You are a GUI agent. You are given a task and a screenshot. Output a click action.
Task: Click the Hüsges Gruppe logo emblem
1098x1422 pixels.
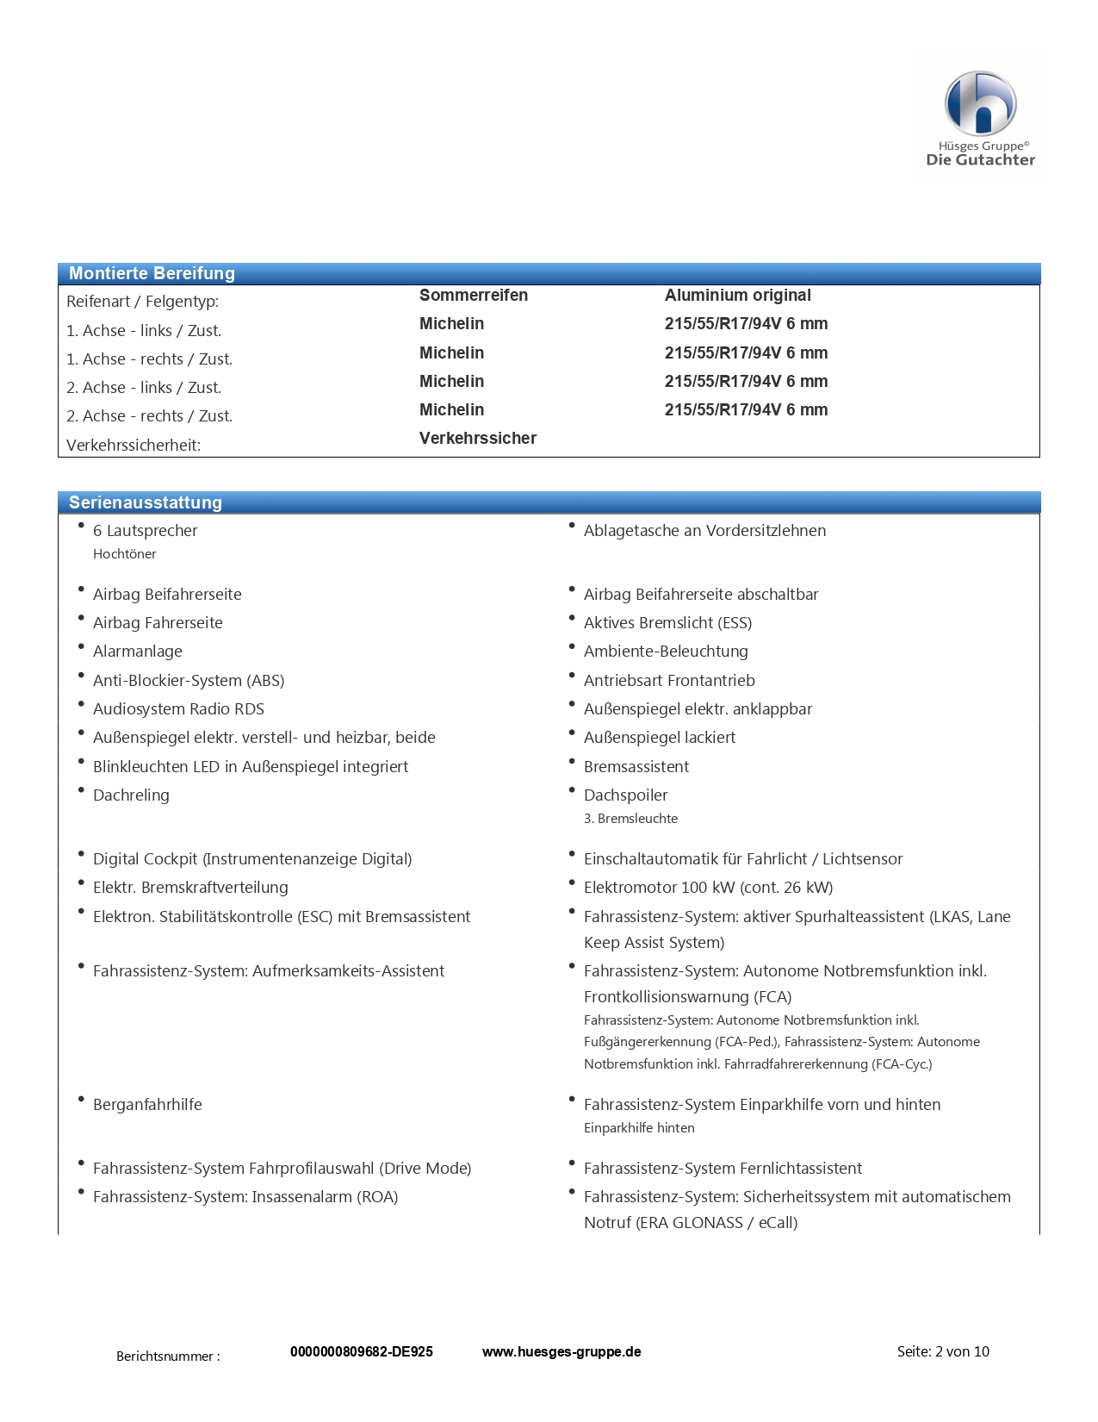[980, 103]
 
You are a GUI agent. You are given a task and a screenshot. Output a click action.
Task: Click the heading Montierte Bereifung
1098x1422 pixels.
[152, 273]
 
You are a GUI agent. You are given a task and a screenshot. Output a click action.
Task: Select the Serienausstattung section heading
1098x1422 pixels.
[146, 502]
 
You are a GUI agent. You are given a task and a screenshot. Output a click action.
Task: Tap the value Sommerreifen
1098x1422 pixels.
[473, 295]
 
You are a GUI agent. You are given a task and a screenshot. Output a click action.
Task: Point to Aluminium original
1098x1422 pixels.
[737, 295]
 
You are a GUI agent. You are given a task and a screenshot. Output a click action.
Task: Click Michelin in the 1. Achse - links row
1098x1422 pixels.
[451, 323]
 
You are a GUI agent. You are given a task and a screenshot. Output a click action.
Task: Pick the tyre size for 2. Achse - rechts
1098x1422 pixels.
[746, 409]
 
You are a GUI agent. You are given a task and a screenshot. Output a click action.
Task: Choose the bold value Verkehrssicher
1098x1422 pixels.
[477, 438]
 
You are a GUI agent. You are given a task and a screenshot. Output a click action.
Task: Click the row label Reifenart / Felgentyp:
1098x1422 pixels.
[142, 302]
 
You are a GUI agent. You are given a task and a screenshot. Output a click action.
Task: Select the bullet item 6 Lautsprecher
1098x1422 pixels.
[145, 530]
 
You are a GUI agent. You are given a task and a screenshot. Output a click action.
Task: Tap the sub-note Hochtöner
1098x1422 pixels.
[124, 554]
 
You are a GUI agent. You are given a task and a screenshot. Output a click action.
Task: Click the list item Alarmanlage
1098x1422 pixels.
[137, 651]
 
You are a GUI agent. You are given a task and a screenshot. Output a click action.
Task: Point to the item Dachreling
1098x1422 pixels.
[131, 795]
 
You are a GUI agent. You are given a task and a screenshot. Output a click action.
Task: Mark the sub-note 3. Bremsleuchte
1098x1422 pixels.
[630, 819]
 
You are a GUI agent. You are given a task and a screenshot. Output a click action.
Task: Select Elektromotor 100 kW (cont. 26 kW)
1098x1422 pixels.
[708, 887]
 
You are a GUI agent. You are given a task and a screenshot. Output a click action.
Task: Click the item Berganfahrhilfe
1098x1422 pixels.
[147, 1104]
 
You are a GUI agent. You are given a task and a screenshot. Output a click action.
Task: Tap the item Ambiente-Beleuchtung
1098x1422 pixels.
[666, 651]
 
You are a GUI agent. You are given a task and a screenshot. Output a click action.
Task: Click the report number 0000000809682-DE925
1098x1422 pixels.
[361, 1351]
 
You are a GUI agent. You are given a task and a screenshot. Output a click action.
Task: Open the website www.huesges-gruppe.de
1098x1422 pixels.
[561, 1351]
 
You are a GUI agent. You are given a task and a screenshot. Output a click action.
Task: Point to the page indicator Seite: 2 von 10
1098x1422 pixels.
[943, 1351]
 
